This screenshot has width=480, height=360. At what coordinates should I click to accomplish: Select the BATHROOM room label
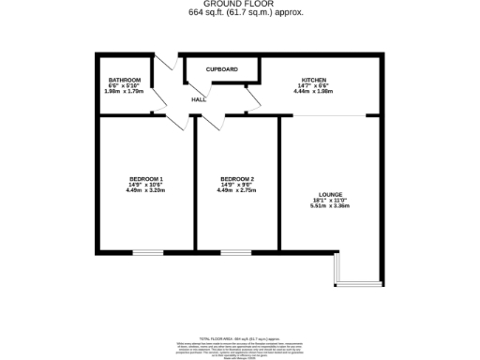pyautogui.click(x=124, y=80)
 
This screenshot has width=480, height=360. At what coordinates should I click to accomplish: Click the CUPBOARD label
pyautogui.click(x=222, y=69)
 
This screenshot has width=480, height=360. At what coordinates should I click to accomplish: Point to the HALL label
pyautogui.click(x=199, y=98)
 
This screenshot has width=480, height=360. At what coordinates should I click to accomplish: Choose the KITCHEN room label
pyautogui.click(x=314, y=79)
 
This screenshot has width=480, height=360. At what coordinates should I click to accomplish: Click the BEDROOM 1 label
pyautogui.click(x=145, y=179)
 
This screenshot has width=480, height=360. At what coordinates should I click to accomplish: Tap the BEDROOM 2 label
pyautogui.click(x=237, y=179)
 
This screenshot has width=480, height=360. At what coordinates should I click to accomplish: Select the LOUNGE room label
pyautogui.click(x=330, y=194)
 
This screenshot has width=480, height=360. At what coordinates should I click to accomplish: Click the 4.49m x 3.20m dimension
pyautogui.click(x=145, y=190)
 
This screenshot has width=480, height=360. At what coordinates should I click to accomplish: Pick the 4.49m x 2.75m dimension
pyautogui.click(x=237, y=190)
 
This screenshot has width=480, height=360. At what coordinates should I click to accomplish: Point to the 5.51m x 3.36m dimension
pyautogui.click(x=330, y=206)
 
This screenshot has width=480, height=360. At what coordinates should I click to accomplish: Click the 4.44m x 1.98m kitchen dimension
pyautogui.click(x=314, y=91)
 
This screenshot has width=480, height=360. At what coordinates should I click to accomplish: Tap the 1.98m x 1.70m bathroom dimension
pyautogui.click(x=124, y=91)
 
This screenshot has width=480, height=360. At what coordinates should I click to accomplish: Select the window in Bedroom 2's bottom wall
pyautogui.click(x=235, y=251)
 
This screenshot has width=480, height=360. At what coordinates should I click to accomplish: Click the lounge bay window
pyautogui.click(x=357, y=282)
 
